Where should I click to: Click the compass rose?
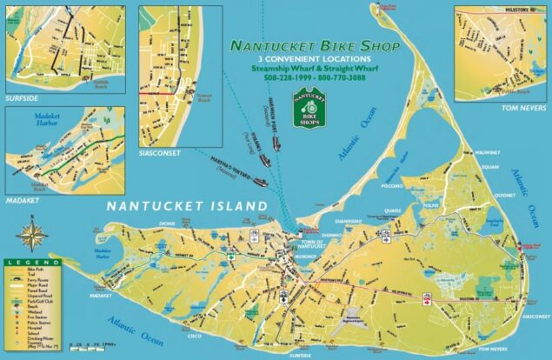point(31,235)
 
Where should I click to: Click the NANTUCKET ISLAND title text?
point(186,206)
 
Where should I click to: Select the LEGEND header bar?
point(31,262)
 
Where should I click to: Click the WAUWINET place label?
point(487,151)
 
